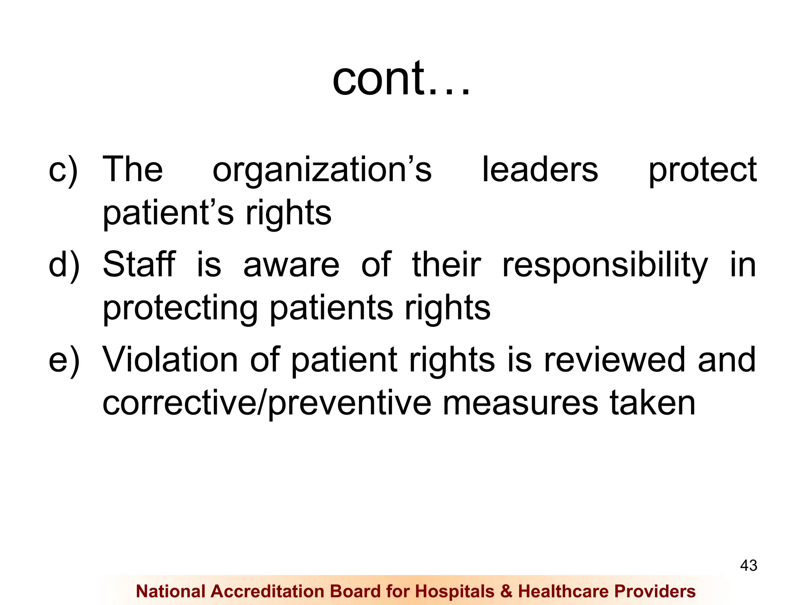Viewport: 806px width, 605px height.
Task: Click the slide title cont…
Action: (x=401, y=79)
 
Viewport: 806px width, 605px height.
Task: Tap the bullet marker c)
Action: (x=63, y=170)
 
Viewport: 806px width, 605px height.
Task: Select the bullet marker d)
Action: (x=64, y=265)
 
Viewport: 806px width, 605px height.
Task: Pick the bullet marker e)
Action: (x=64, y=360)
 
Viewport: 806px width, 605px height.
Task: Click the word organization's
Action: (x=322, y=170)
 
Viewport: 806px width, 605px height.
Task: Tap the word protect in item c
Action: (x=702, y=170)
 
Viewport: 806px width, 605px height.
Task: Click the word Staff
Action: (x=139, y=264)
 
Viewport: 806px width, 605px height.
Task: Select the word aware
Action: (x=291, y=265)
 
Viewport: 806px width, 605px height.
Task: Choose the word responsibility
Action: (x=605, y=265)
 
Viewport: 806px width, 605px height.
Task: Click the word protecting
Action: (x=180, y=308)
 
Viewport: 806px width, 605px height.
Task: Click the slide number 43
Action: (x=749, y=566)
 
